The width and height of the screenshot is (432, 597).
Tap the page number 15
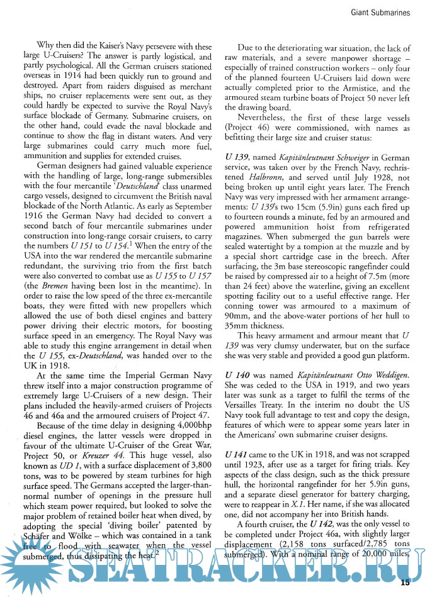(x=406, y=581)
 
